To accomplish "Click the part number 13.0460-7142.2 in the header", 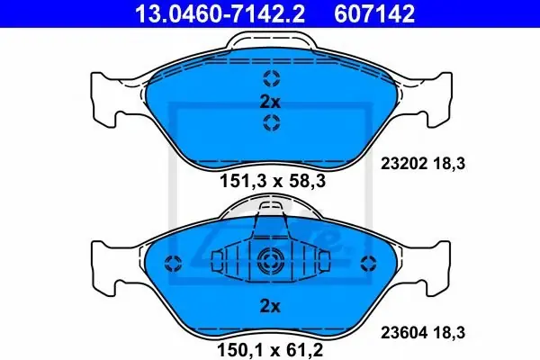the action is [x=220, y=13].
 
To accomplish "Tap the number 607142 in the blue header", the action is [x=374, y=13].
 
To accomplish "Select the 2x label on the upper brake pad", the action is [x=270, y=102].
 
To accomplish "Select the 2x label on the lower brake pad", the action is [x=270, y=306].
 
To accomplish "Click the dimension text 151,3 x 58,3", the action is [x=273, y=181].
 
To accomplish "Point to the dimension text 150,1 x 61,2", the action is [x=270, y=350].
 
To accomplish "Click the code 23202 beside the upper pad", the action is [x=404, y=163].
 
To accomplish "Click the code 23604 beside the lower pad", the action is [x=404, y=333].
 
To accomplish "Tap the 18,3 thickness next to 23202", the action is [x=449, y=163].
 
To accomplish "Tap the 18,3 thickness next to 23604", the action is [x=449, y=333].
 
